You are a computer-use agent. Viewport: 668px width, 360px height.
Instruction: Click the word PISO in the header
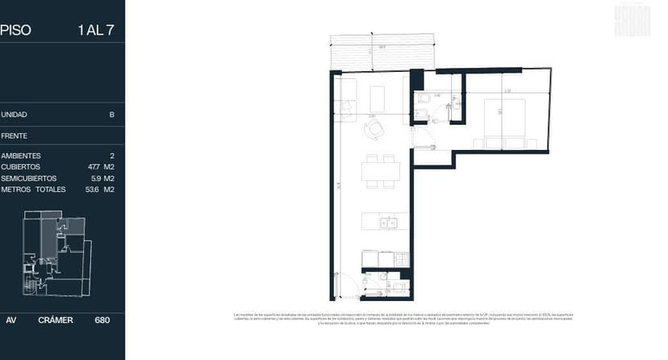coord(15,31)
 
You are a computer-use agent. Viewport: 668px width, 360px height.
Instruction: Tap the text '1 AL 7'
coord(95,31)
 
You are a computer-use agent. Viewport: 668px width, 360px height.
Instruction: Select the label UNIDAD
coord(15,115)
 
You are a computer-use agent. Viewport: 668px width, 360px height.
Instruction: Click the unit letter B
coord(111,115)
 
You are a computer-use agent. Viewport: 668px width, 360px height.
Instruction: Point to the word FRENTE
coord(15,136)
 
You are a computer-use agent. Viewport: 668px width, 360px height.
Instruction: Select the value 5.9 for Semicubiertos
coord(95,178)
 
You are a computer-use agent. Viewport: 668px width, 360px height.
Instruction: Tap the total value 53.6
coord(93,190)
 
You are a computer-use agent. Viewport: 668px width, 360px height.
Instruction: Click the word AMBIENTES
coord(21,156)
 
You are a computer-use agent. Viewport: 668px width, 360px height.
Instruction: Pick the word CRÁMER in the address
coord(56,320)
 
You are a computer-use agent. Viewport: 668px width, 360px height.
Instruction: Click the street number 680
coord(102,320)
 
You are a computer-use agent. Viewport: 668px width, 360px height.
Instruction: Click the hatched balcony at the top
coord(383,53)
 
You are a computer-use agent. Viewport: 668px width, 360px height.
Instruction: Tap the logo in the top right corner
coord(632,21)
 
